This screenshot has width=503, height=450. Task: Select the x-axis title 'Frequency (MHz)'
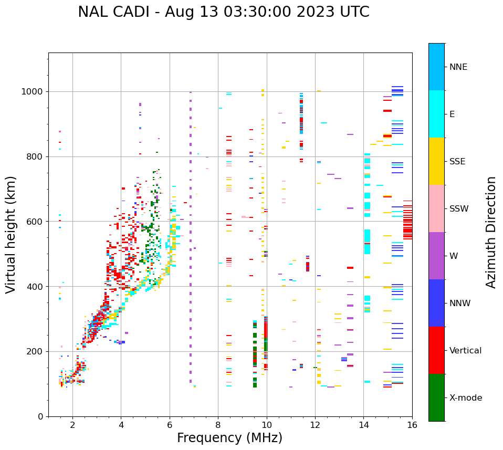[x=229, y=438]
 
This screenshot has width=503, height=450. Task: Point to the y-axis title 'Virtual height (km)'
[x=11, y=235]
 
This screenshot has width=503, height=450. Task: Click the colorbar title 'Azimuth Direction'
[x=491, y=232]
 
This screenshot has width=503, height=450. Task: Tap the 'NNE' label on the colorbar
[x=458, y=67]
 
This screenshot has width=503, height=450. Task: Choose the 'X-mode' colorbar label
[x=465, y=398]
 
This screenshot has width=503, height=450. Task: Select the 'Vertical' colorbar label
[x=465, y=351]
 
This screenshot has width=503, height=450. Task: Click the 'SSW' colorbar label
[x=459, y=209]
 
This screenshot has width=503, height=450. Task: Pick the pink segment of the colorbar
[x=436, y=208]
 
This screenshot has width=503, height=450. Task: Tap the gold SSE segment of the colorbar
[x=436, y=161]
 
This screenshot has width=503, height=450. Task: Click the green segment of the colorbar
[x=436, y=397]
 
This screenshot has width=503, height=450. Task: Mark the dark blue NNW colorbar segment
[x=436, y=303]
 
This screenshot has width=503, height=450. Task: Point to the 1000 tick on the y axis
[x=33, y=92]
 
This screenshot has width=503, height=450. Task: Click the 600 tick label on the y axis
[x=35, y=222]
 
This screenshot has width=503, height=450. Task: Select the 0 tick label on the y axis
[x=40, y=416]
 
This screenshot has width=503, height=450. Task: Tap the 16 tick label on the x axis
[x=412, y=425]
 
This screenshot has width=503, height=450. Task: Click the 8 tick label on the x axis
[x=218, y=425]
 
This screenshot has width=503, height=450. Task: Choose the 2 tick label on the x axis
[x=72, y=425]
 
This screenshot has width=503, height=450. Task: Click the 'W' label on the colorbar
[x=454, y=256]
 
